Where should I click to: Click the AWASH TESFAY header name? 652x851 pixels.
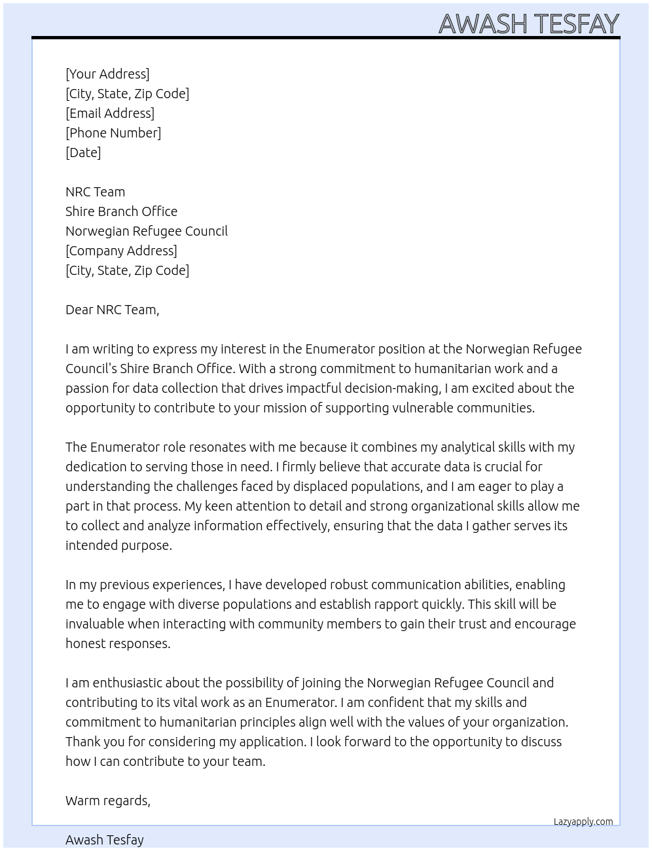coord(528,24)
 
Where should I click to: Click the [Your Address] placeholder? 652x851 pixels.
coord(107,74)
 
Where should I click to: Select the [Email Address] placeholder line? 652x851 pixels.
coord(110,113)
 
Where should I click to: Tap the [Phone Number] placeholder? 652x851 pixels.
coord(113,133)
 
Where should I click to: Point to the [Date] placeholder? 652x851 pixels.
coord(83,153)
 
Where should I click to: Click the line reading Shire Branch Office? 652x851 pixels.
coord(121,211)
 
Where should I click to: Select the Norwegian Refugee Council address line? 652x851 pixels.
coord(147,231)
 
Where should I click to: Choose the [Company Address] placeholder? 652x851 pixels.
coord(121,251)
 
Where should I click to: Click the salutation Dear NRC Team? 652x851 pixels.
coord(112,310)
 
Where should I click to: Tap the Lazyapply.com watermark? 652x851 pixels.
coord(583,822)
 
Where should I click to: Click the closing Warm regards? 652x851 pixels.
coord(108,801)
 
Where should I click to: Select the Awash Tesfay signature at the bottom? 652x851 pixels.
coord(105,840)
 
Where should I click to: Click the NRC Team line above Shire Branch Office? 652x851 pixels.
coord(95,192)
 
